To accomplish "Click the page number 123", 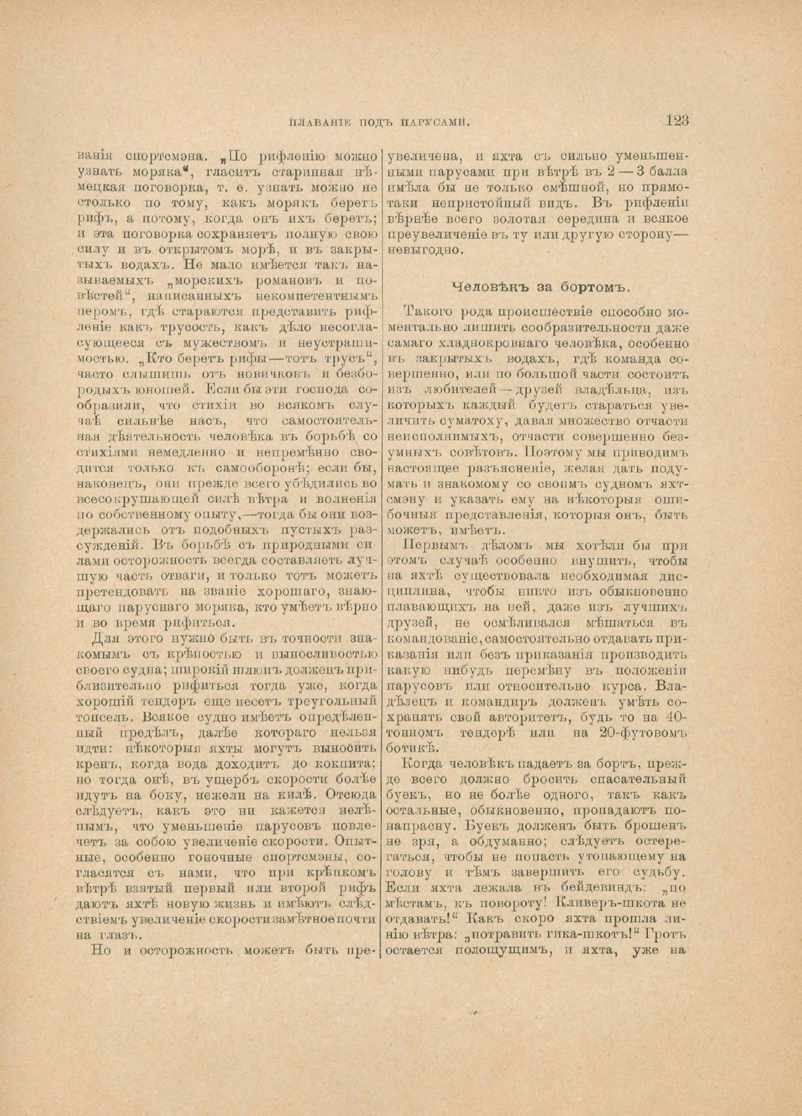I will tap(676, 120).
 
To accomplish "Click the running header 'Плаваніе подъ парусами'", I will tap(378, 122).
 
